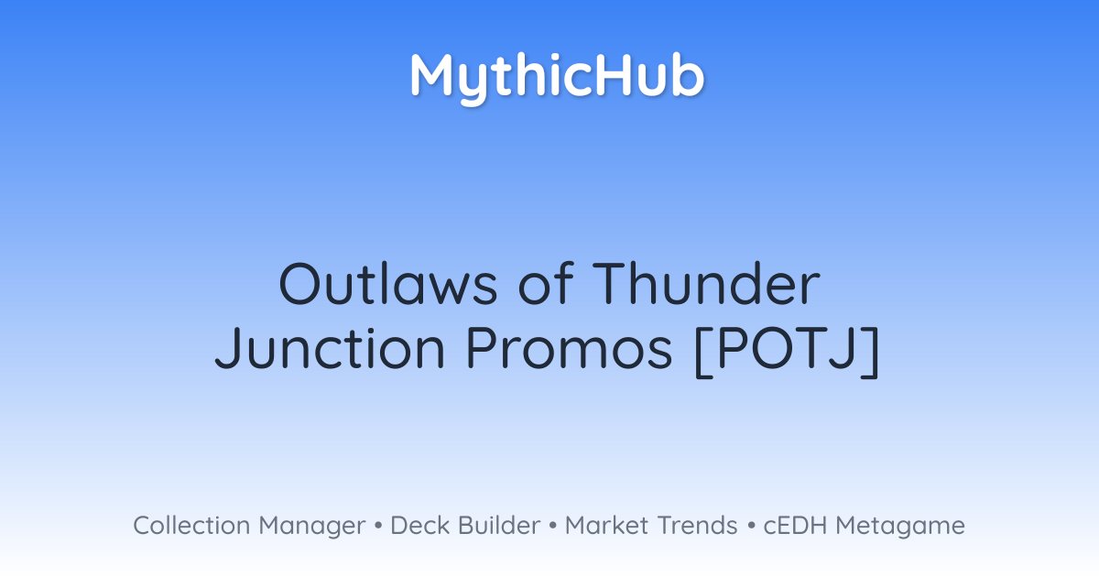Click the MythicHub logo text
pyautogui.click(x=558, y=78)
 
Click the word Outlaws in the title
pyautogui.click(x=388, y=285)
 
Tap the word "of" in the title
pyautogui.click(x=546, y=283)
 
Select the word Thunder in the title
pyautogui.click(x=706, y=283)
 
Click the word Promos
pyautogui.click(x=569, y=347)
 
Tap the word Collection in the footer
pyautogui.click(x=191, y=525)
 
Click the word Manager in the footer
pyautogui.click(x=312, y=527)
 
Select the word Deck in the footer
pyautogui.click(x=420, y=525)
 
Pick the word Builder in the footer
pyautogui.click(x=499, y=525)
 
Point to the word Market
pyautogui.click(x=606, y=525)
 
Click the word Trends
pyautogui.click(x=698, y=525)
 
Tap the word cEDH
pyautogui.click(x=795, y=525)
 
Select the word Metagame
pyautogui.click(x=900, y=527)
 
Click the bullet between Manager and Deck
pyautogui.click(x=378, y=526)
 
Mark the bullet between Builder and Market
pyautogui.click(x=553, y=526)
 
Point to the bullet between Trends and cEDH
pyautogui.click(x=751, y=526)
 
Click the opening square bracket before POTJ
pyautogui.click(x=702, y=351)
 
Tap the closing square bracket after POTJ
pyautogui.click(x=871, y=351)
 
